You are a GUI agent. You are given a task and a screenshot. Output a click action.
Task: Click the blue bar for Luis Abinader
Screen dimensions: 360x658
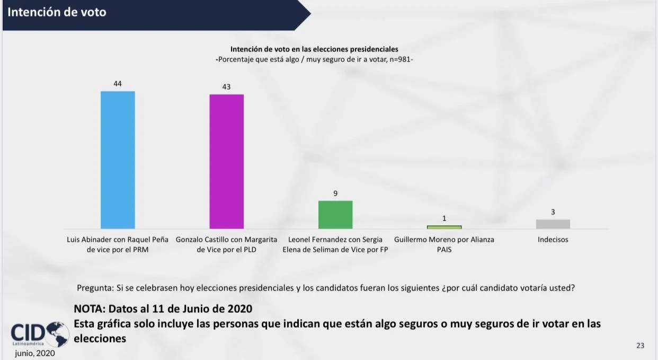(x=118, y=160)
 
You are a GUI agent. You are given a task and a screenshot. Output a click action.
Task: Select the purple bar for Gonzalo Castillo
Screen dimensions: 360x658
(x=227, y=161)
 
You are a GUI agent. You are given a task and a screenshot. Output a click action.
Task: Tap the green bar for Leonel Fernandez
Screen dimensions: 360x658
(x=335, y=214)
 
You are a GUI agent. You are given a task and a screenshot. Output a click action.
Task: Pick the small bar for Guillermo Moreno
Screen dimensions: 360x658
(x=444, y=227)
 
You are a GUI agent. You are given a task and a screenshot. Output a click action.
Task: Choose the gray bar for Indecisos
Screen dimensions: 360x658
(x=553, y=224)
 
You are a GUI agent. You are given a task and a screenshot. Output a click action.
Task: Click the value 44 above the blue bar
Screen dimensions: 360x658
(x=118, y=84)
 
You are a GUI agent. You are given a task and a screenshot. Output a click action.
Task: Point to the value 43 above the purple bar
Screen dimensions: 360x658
(x=226, y=87)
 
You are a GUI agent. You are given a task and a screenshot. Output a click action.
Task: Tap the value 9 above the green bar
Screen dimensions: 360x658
(x=335, y=194)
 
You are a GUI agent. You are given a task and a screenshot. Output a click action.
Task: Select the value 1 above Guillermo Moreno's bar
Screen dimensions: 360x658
(x=444, y=218)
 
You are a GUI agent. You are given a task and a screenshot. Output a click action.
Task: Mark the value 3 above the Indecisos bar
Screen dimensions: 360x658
(x=553, y=212)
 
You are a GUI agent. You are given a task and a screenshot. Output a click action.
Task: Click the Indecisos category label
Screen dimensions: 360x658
(x=553, y=240)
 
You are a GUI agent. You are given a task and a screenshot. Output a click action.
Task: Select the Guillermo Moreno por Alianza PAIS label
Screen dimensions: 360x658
(x=444, y=244)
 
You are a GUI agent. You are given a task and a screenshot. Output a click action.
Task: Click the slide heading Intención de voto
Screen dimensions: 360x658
(x=57, y=12)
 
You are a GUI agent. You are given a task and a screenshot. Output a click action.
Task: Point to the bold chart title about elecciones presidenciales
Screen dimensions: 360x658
(x=314, y=49)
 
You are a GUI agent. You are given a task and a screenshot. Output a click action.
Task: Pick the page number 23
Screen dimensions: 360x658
(x=640, y=346)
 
